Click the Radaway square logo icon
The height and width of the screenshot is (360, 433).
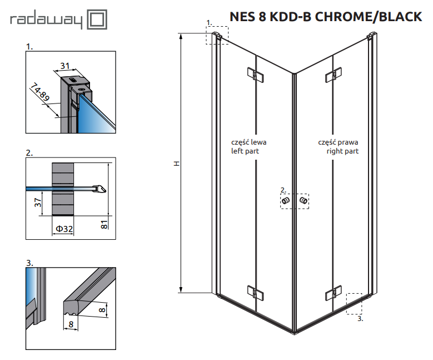tap(97, 21)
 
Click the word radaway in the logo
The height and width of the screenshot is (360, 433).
tap(47, 21)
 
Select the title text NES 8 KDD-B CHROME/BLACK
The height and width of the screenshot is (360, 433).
tap(326, 17)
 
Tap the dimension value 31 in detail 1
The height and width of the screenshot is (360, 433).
tap(65, 66)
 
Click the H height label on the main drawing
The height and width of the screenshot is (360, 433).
tap(177, 164)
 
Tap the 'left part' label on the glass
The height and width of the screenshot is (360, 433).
tap(245, 151)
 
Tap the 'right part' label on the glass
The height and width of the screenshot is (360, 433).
tap(342, 151)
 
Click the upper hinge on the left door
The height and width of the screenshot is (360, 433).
tap(253, 74)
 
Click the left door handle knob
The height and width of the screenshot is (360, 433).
tap(286, 200)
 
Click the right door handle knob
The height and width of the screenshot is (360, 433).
tap(303, 200)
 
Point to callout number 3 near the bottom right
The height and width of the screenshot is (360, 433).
tap(360, 319)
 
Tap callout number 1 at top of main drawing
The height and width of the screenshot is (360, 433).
tap(208, 22)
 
